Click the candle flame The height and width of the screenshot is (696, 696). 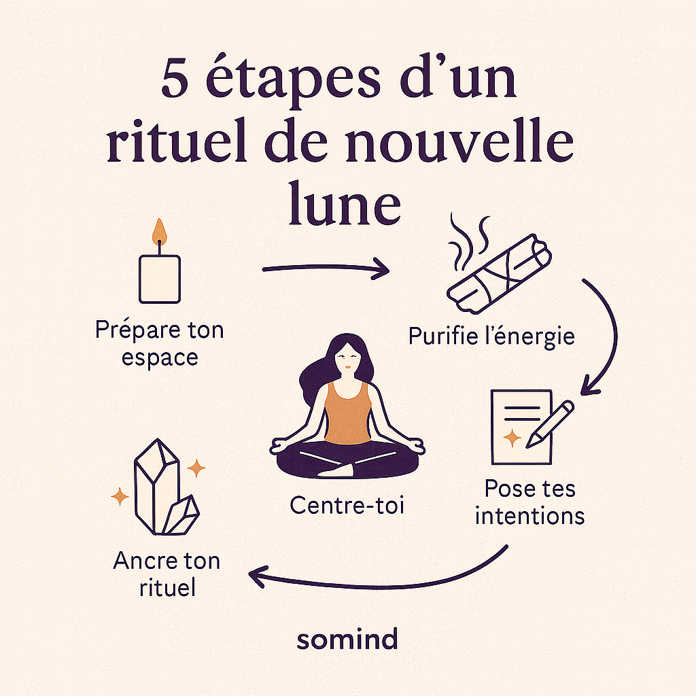pyautogui.click(x=159, y=232)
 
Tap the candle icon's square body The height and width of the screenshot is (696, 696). pyautogui.click(x=159, y=279)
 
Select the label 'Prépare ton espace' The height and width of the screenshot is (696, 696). pyautogui.click(x=159, y=344)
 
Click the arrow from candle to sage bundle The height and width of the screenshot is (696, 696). pyautogui.click(x=326, y=270)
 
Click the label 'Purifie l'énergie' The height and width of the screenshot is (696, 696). pyautogui.click(x=491, y=335)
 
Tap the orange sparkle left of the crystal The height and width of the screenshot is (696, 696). pyautogui.click(x=120, y=498)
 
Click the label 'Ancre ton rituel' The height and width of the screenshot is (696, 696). pyautogui.click(x=167, y=574)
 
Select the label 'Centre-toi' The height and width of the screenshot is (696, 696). pyautogui.click(x=347, y=505)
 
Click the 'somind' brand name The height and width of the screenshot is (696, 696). pyautogui.click(x=347, y=639)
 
